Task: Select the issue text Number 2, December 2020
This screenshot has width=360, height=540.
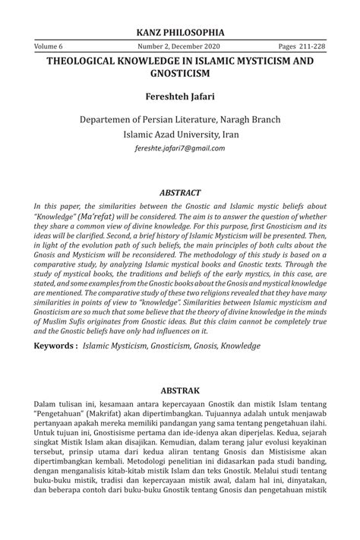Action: pyautogui.click(x=180, y=47)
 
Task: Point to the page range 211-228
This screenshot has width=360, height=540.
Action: pyautogui.click(x=304, y=47)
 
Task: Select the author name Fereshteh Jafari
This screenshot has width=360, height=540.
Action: pyautogui.click(x=179, y=96)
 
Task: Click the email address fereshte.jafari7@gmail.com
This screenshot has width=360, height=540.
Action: pyautogui.click(x=179, y=148)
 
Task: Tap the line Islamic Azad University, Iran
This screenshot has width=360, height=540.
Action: pyautogui.click(x=179, y=134)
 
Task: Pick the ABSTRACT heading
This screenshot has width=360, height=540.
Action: pyautogui.click(x=179, y=193)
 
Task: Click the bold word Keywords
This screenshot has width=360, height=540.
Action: pyautogui.click(x=53, y=346)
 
